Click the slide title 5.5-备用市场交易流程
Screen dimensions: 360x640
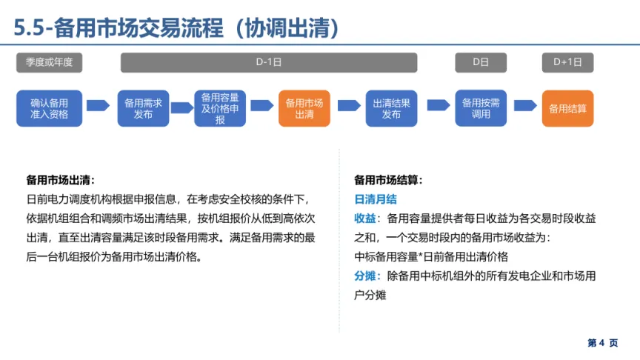pyautogui.click(x=178, y=27)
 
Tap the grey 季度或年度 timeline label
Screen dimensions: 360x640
pyautogui.click(x=50, y=63)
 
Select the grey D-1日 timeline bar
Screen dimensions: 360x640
pyautogui.click(x=269, y=63)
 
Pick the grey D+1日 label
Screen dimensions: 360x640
pyautogui.click(x=567, y=63)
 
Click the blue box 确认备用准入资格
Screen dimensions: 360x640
pyautogui.click(x=49, y=108)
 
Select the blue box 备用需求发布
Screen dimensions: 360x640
pyautogui.click(x=144, y=108)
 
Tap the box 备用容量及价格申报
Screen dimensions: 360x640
pyautogui.click(x=220, y=108)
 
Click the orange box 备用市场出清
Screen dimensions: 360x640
pyautogui.click(x=304, y=108)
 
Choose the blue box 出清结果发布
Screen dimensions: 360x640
pyautogui.click(x=392, y=108)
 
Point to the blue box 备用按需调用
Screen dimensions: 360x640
pyautogui.click(x=481, y=108)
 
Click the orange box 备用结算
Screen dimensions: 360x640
pyautogui.click(x=567, y=108)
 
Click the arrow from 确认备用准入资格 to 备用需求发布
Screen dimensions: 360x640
pyautogui.click(x=98, y=106)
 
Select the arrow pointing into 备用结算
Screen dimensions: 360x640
pyautogui.click(x=525, y=106)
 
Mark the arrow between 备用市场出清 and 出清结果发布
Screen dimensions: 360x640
pyautogui.click(x=348, y=106)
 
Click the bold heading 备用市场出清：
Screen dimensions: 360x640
pyautogui.click(x=61, y=180)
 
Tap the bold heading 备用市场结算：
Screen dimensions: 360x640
pyautogui.click(x=389, y=180)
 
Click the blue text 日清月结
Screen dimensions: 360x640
pyautogui.click(x=376, y=199)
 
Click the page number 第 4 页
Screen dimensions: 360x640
pyautogui.click(x=602, y=343)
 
